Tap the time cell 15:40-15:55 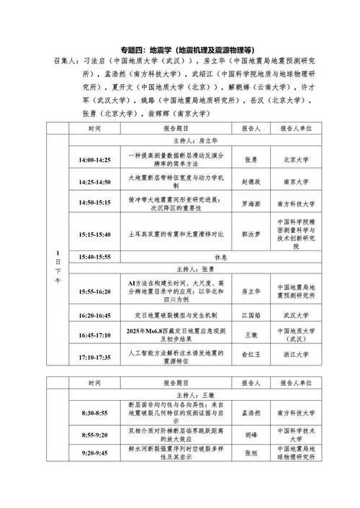(94, 257)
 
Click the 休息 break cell (221, 257)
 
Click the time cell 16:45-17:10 (94, 335)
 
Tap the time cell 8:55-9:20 (94, 435)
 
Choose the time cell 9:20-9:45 (94, 455)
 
